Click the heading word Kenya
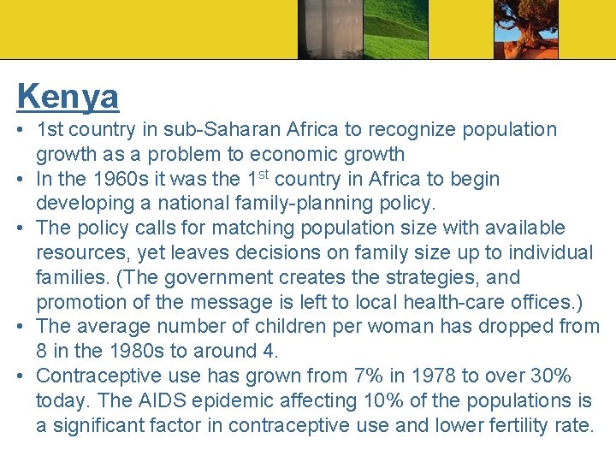point(68,96)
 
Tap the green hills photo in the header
point(394,29)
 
